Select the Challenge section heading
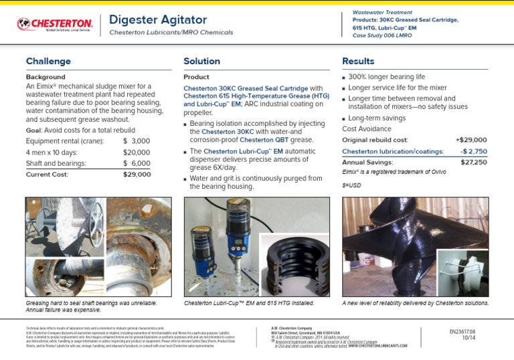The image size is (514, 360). point(48,62)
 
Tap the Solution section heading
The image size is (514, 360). point(201,62)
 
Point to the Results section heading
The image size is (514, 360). point(358,62)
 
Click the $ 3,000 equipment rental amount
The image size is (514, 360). point(137,141)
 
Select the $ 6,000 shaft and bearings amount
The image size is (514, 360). point(137,163)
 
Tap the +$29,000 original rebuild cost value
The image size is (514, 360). point(471,140)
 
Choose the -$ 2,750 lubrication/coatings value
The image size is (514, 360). point(473,152)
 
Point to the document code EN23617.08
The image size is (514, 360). point(462,331)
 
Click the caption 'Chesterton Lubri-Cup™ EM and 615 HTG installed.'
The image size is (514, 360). point(249,303)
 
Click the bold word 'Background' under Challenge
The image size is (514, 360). point(46,77)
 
